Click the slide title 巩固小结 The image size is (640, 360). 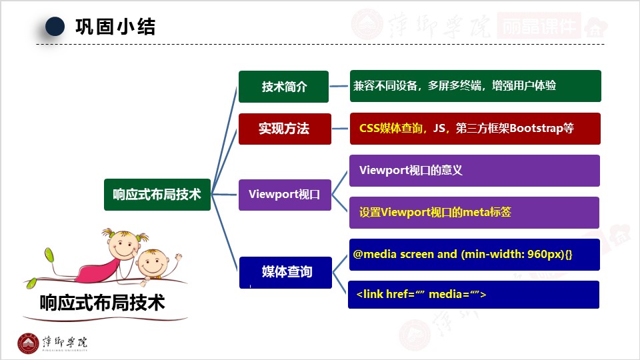[115, 27]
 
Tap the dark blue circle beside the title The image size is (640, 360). [55, 27]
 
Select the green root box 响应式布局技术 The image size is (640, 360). [157, 195]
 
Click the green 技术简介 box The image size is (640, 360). [283, 87]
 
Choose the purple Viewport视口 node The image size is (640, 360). [285, 195]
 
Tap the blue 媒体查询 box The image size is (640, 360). [286, 272]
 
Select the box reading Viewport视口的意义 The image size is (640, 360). [475, 171]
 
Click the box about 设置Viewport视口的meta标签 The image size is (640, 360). [475, 213]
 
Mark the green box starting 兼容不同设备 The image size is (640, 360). [475, 86]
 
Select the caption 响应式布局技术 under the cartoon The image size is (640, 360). [102, 303]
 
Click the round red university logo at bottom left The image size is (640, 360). [28, 343]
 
